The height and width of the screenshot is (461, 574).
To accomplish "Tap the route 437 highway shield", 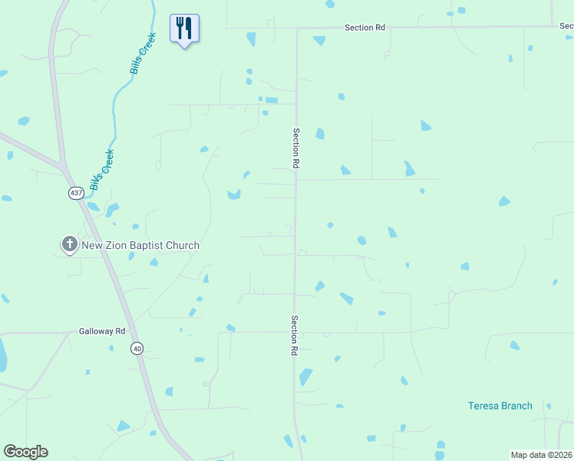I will pos(76,193).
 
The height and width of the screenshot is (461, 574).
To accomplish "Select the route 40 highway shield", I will pos(137,348).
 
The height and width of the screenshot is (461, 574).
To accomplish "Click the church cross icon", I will pos(69,245).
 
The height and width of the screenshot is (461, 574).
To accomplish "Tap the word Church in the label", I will pos(186,246).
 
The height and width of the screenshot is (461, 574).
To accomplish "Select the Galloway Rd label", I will pos(101,332).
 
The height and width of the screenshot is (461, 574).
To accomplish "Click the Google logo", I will pos(25,452).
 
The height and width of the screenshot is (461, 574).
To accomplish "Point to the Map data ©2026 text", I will pos(541,455).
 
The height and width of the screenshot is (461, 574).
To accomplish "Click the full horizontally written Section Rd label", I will pos(365,28).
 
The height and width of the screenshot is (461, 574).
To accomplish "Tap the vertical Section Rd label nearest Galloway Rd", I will pos(294,334).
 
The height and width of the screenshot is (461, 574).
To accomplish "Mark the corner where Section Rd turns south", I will pos(297,29).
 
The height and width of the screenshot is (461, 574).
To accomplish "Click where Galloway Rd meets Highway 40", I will pos(127,333).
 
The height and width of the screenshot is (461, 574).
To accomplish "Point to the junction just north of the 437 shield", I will pos(63,166).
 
